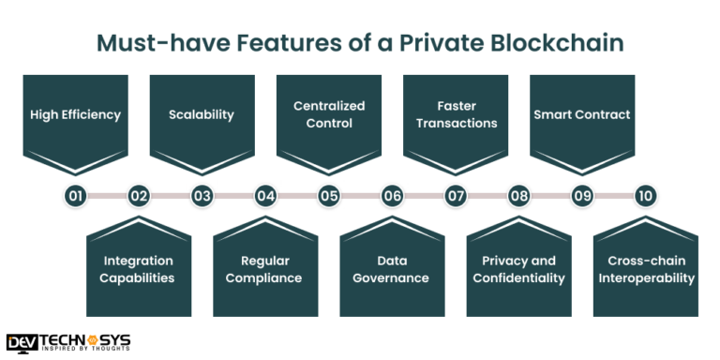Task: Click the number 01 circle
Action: [76, 196]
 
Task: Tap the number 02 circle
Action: [139, 196]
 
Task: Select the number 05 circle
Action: [328, 196]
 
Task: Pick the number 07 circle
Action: [456, 196]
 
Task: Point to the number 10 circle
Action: [644, 196]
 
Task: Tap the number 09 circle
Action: [582, 196]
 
